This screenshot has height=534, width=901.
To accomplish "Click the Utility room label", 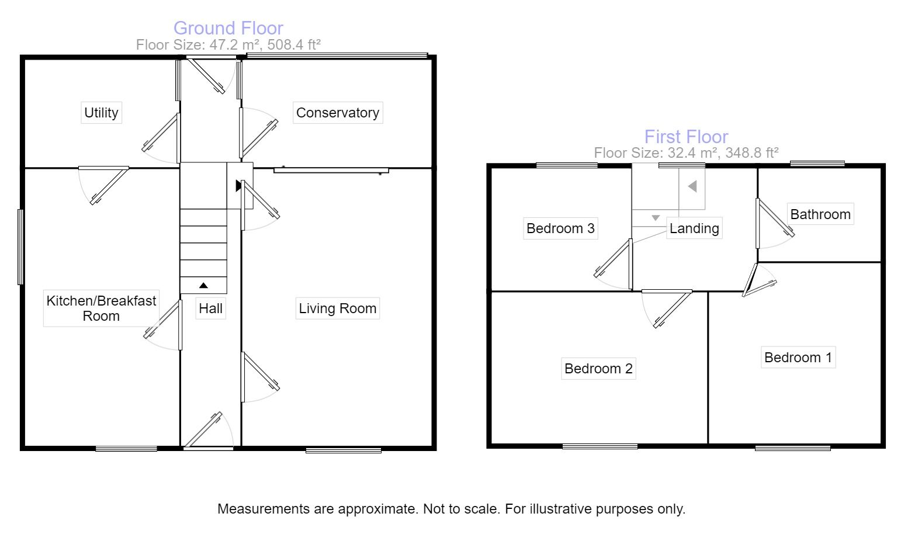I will [101, 112].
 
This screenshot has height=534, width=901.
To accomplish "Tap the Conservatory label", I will [337, 112].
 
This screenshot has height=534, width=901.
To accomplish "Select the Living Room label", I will [337, 308].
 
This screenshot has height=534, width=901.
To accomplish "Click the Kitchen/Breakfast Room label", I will [101, 308].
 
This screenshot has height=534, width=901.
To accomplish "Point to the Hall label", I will [210, 308].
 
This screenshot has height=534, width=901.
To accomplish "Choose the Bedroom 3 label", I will [560, 228].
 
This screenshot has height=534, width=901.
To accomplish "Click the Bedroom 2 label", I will [598, 369].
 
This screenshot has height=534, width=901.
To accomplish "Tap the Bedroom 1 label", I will [798, 357].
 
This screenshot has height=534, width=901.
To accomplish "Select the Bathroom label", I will [820, 214].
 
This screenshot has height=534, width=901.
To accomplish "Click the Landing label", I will [694, 228].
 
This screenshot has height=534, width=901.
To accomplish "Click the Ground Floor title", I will [228, 27].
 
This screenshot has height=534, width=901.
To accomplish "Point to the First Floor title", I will [686, 136].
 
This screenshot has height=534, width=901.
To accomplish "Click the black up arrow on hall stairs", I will [203, 286].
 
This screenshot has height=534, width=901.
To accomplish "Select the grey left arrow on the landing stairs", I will [692, 186].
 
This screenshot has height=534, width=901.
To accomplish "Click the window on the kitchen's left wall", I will [20, 247].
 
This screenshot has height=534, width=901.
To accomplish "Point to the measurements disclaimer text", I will [451, 509].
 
